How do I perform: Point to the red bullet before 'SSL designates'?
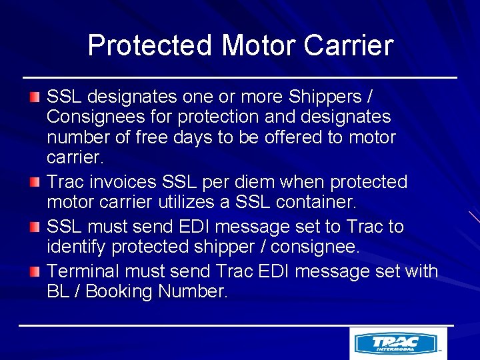tap(35, 97)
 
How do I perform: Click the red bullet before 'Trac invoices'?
tap(35, 183)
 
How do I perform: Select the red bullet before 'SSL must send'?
tap(35, 227)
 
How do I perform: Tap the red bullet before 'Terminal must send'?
tap(35, 271)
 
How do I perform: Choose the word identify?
tap(77, 247)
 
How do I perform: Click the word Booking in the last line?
tap(121, 291)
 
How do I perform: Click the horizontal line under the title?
tap(240, 78)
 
